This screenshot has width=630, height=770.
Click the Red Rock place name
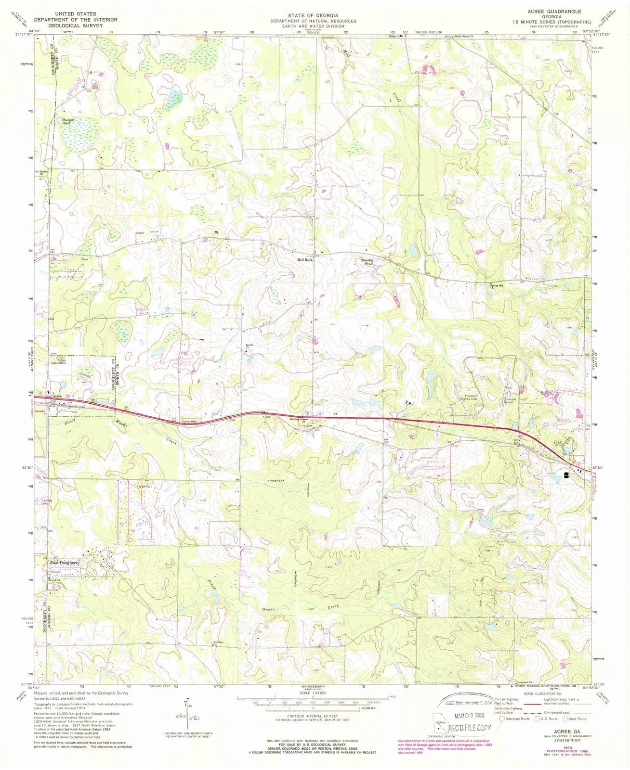[305, 260]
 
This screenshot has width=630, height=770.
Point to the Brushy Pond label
[368, 262]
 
